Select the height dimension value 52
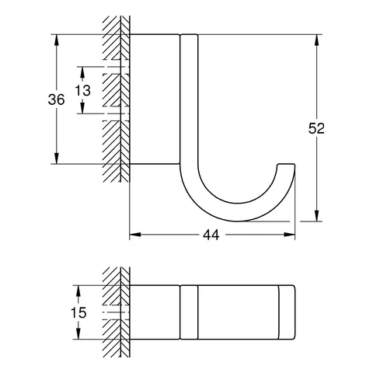point(315,129)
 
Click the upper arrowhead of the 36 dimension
point(57,38)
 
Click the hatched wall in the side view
point(115,101)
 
